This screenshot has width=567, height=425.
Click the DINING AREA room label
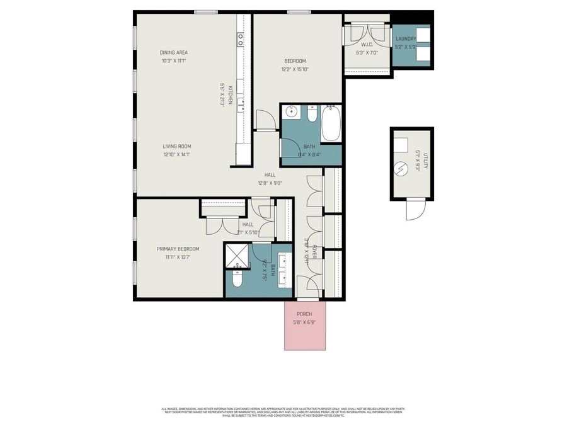(173, 52)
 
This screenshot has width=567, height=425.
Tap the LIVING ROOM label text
(176, 146)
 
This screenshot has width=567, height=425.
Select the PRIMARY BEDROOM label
(178, 249)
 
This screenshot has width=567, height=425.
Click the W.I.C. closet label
(367, 44)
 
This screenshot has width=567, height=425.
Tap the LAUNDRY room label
(406, 38)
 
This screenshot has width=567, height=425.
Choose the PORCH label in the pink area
(305, 314)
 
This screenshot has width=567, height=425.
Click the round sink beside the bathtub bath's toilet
(291, 113)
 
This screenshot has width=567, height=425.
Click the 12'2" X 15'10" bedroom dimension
(295, 69)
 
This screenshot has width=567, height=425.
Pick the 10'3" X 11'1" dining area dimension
(173, 61)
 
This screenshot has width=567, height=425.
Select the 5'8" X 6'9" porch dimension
(305, 322)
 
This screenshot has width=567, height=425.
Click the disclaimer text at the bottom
(283, 412)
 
